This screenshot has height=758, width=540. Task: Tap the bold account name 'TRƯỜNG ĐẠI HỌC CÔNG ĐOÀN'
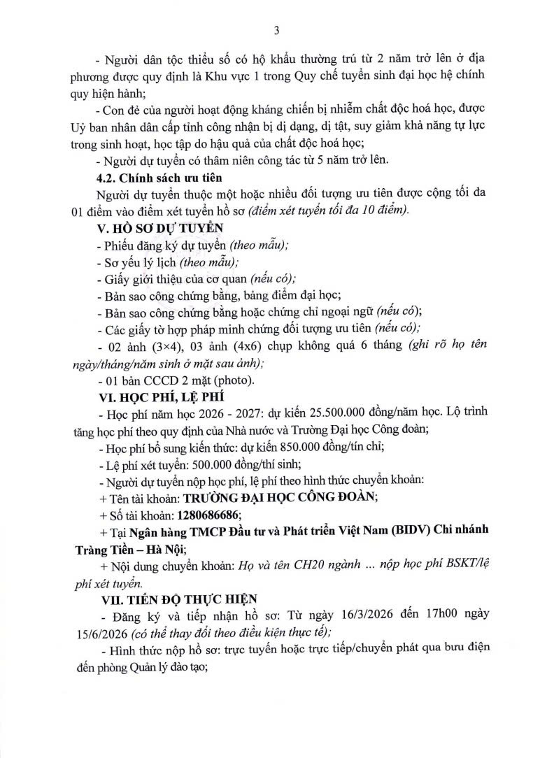tap(280, 497)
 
